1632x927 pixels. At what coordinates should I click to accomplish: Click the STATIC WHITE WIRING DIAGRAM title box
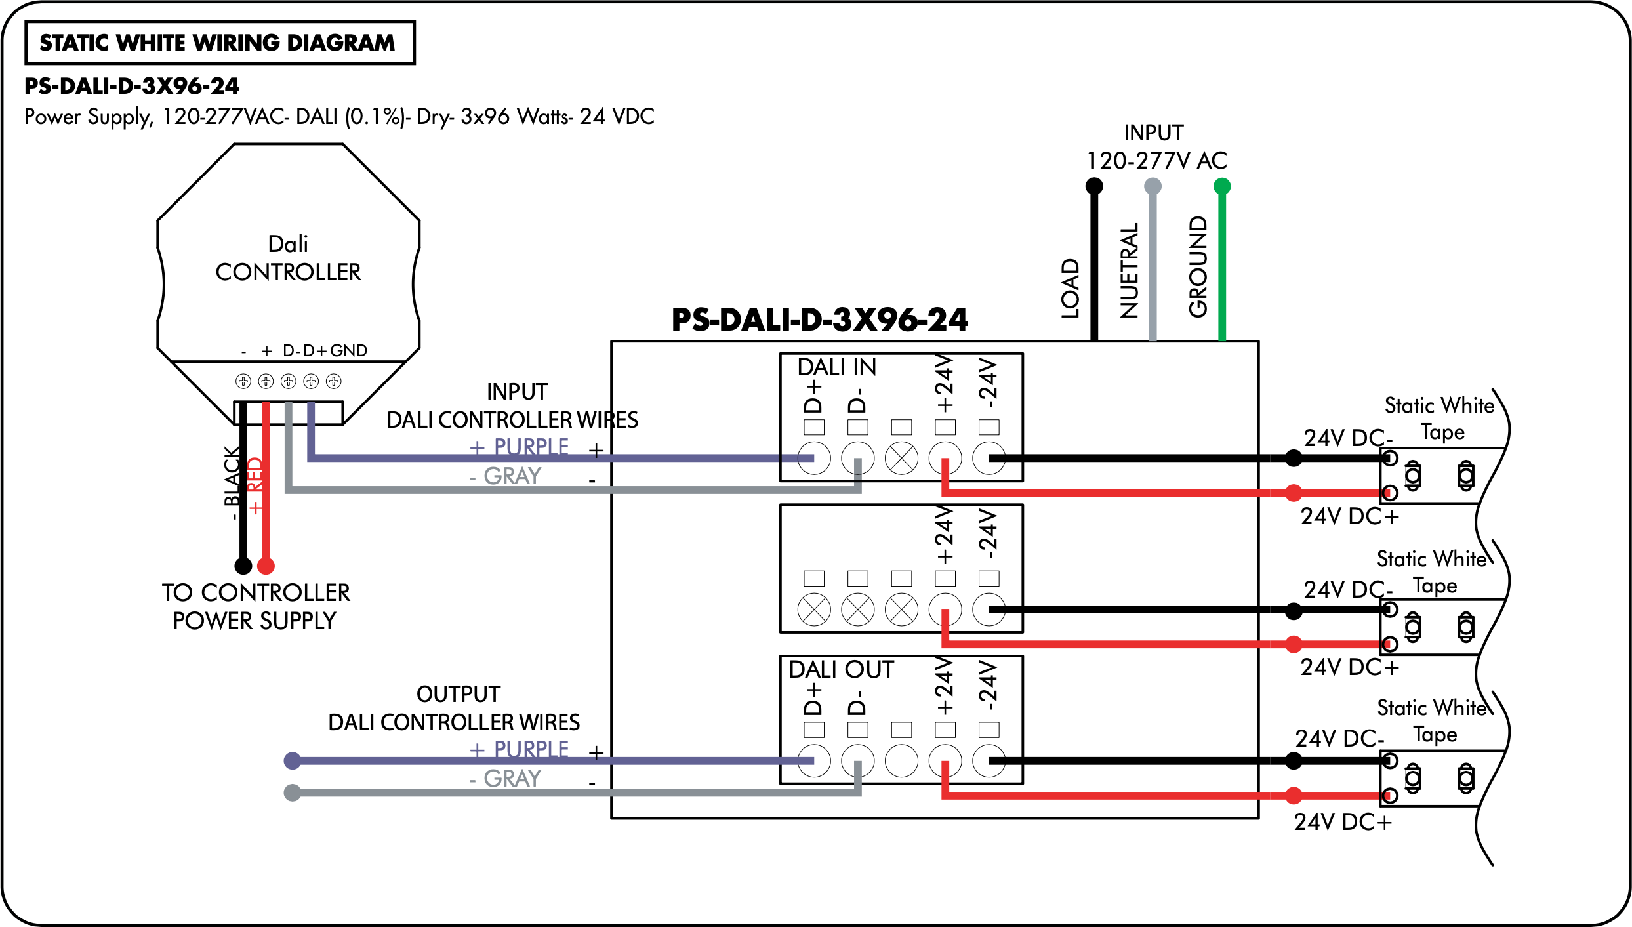220,43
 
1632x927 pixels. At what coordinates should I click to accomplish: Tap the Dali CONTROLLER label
288,258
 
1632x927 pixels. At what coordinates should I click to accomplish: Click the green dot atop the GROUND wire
1222,186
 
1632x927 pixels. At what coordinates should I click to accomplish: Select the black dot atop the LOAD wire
1094,186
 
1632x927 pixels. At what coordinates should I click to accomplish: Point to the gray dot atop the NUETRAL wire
1153,186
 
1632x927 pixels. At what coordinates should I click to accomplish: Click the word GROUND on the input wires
1198,266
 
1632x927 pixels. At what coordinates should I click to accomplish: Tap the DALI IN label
837,367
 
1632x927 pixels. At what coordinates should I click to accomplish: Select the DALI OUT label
841,670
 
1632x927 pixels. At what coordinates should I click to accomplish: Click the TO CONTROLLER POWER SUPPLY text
256,607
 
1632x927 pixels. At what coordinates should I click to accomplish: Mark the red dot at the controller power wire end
266,566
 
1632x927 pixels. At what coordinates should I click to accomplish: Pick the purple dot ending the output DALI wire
293,761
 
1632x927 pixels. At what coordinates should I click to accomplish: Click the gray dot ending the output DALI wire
293,793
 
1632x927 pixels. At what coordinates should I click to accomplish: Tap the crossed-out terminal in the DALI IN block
902,458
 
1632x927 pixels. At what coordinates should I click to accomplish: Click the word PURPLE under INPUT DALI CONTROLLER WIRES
531,447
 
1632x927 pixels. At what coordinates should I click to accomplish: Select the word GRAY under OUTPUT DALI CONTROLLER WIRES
512,779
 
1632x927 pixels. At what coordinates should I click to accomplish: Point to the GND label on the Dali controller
348,350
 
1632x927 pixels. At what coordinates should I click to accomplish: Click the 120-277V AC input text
1157,161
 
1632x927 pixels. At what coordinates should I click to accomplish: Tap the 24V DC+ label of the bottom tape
1343,822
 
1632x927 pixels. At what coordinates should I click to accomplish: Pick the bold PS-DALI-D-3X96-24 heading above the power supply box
820,320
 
